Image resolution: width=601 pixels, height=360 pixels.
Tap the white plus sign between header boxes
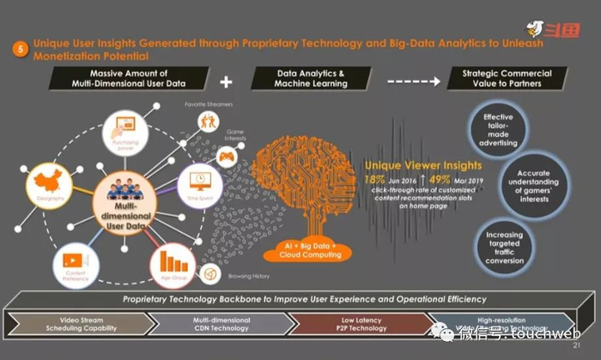click(x=227, y=82)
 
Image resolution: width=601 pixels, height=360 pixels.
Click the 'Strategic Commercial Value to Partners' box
click(x=507, y=78)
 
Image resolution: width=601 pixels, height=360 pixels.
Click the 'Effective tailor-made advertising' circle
click(x=498, y=128)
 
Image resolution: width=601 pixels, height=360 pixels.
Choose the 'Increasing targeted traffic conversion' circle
click(x=504, y=248)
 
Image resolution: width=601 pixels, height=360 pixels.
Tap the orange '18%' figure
click(x=374, y=179)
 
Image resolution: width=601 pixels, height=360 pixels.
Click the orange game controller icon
click(x=226, y=157)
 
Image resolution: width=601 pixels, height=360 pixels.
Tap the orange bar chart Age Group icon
click(x=174, y=259)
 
